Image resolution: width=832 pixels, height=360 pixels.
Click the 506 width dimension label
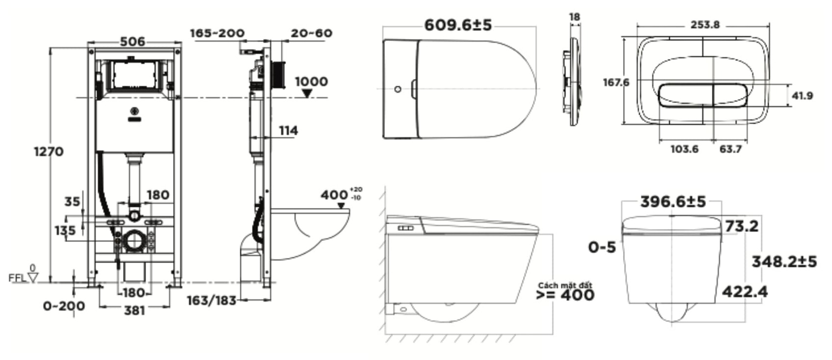133,42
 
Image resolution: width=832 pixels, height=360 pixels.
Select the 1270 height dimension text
49,152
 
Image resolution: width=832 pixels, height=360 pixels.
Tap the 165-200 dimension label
217,33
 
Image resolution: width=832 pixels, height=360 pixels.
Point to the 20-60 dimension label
311,33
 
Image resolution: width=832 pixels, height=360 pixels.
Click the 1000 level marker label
311,81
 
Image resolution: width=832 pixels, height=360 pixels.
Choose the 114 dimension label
288,130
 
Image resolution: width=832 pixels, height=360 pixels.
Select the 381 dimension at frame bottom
134,310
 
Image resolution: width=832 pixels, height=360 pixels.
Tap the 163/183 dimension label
212,300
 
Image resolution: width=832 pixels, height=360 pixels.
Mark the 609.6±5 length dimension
458,25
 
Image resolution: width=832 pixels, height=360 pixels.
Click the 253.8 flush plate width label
705,25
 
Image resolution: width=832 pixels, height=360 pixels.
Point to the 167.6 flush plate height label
616,82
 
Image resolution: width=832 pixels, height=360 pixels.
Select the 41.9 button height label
802,96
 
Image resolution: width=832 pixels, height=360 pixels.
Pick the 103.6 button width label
684,149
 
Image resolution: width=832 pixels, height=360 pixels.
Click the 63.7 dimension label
731,149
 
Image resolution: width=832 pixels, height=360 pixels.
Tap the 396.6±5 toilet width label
673,202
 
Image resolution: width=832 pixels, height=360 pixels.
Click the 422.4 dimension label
745,292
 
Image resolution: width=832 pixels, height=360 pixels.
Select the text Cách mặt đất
565,285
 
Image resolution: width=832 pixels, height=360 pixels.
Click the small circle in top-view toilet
398,89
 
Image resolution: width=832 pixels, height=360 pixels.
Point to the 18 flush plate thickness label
575,17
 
